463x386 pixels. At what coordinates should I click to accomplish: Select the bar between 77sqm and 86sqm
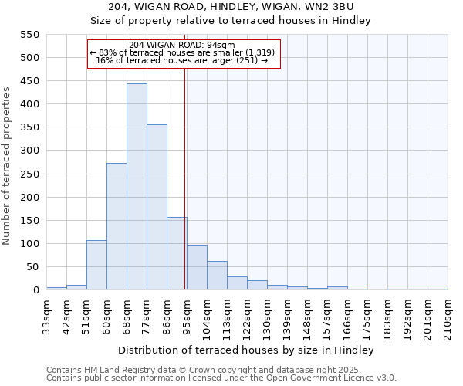[x=157, y=207]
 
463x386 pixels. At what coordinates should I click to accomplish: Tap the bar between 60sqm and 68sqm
[x=117, y=226]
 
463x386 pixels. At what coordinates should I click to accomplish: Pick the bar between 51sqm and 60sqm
[x=96, y=265]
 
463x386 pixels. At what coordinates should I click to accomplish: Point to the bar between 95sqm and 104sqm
[x=197, y=268]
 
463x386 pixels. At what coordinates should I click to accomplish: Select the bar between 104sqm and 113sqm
[x=217, y=276]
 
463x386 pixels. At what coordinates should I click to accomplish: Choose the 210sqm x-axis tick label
[x=448, y=317]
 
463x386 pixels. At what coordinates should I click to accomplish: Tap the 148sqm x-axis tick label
[x=307, y=317]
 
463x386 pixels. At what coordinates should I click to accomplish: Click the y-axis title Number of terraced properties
[x=8, y=166]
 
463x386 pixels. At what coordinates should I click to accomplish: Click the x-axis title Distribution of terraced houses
[x=247, y=350]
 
